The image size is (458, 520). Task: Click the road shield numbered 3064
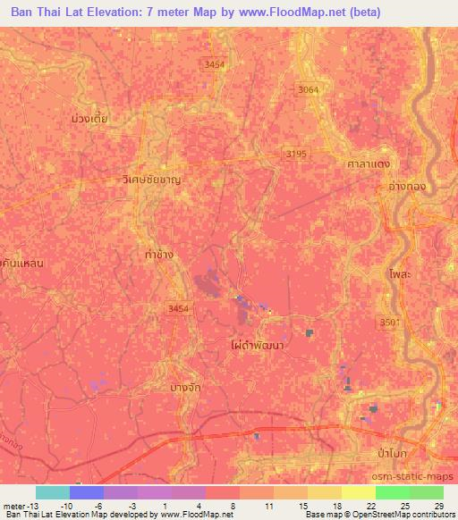pos(308,89)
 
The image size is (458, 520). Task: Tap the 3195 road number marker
pos(296,154)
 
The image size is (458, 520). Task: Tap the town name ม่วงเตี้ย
pos(89,117)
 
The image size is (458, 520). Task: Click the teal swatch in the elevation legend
pos(53,492)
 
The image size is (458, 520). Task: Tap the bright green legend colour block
pos(392,492)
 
